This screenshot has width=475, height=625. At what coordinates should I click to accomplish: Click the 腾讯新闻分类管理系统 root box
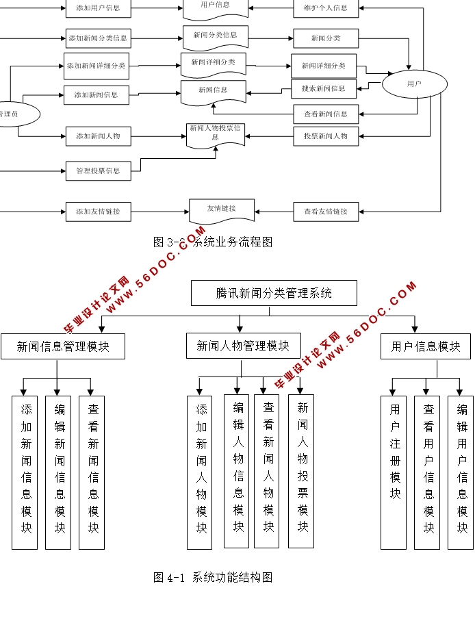[x=274, y=293]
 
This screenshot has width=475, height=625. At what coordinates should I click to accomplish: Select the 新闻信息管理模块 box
[x=63, y=346]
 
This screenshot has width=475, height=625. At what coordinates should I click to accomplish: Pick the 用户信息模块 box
[x=425, y=346]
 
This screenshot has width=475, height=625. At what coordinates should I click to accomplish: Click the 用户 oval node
[x=414, y=84]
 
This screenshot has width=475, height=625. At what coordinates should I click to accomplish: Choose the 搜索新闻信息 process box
[x=324, y=88]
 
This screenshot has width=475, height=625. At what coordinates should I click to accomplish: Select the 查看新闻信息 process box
[x=326, y=114]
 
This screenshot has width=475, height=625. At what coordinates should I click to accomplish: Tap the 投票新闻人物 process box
[x=326, y=136]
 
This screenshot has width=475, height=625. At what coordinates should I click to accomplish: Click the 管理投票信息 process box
[x=98, y=170]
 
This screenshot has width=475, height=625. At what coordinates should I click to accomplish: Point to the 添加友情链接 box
[x=98, y=212]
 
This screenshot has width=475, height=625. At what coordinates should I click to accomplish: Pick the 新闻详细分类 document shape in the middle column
[x=213, y=64]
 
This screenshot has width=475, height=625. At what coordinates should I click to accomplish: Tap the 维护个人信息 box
[x=326, y=9]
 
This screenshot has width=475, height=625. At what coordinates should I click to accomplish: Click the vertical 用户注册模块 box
[x=394, y=472]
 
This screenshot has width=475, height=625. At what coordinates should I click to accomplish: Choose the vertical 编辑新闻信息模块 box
[x=58, y=472]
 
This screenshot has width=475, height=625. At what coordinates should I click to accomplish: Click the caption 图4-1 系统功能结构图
[x=213, y=578]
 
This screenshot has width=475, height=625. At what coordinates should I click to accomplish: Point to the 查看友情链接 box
[x=326, y=212]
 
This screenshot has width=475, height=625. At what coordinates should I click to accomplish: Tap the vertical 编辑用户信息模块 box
[x=461, y=472]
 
